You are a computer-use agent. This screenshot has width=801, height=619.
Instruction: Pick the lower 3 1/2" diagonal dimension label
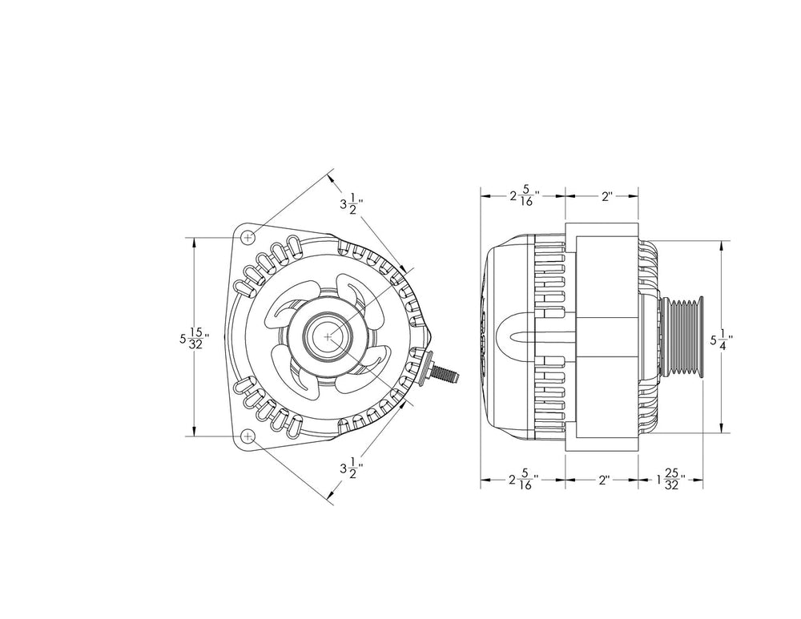351,472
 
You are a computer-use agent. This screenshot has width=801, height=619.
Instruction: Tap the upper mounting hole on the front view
248,237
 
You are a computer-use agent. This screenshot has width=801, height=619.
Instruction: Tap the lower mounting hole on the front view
248,436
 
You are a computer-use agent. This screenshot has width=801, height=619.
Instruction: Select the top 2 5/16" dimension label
523,195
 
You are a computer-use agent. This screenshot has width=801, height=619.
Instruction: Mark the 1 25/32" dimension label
668,481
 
